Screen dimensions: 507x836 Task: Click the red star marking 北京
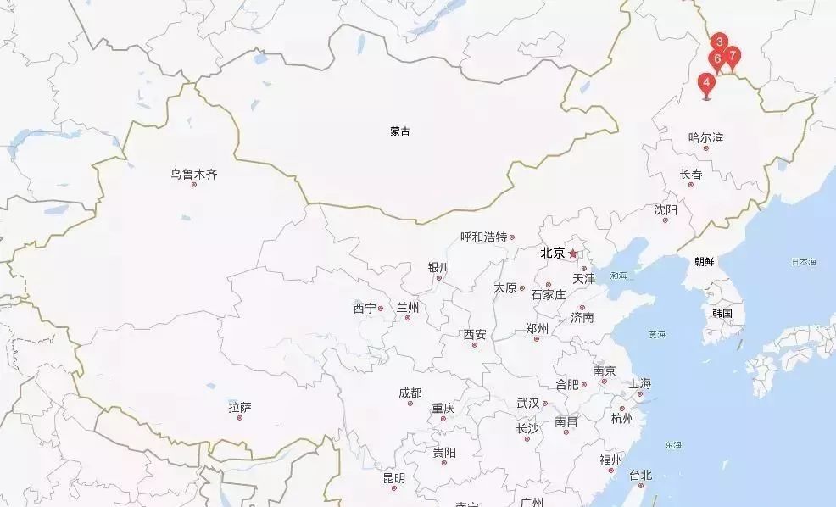(573, 253)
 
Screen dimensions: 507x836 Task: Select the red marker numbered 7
(732, 58)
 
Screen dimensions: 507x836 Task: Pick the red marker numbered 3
(719, 42)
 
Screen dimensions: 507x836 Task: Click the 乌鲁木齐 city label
(193, 175)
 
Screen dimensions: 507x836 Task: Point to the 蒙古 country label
(400, 131)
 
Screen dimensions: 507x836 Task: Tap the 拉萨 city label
(240, 408)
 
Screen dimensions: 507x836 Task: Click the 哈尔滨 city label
(706, 137)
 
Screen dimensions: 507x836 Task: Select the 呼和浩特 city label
(483, 237)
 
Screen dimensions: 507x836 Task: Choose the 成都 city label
(410, 393)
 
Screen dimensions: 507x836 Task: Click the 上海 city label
(640, 384)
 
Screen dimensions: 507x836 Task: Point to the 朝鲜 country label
(704, 261)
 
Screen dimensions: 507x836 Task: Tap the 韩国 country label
(722, 313)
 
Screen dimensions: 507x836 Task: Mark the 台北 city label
(641, 475)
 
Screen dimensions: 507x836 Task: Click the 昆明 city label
(393, 478)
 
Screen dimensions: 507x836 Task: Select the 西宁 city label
(365, 309)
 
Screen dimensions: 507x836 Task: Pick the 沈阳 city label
(666, 209)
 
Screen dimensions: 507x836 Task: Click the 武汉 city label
(527, 403)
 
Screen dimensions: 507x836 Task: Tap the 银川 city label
(439, 267)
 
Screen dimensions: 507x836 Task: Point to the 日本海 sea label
(804, 261)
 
